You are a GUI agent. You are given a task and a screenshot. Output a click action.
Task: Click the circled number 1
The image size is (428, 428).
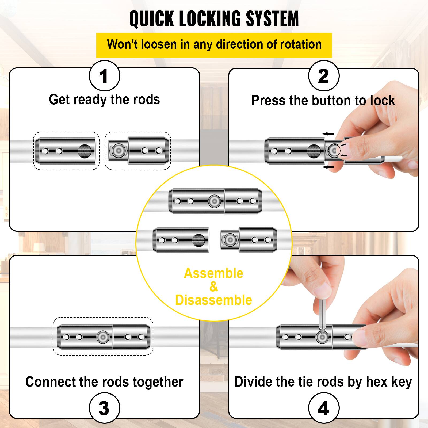(x=104, y=76)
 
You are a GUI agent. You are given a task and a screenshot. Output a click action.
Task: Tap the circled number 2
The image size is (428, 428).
(x=323, y=76)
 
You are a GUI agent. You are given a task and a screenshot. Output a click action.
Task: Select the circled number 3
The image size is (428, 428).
(x=104, y=408)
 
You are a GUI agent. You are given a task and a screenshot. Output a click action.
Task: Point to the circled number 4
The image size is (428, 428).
(x=323, y=408)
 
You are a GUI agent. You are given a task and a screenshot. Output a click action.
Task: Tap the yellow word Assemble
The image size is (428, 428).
(x=213, y=273)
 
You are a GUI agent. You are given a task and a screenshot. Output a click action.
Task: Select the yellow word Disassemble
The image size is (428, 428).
(x=213, y=300)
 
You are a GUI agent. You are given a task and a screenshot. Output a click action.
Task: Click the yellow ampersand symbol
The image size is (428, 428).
(x=213, y=287)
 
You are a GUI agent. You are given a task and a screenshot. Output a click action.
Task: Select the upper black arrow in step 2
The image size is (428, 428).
(x=328, y=134)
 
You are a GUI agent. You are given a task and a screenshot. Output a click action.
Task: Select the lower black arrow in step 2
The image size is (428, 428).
(x=328, y=167)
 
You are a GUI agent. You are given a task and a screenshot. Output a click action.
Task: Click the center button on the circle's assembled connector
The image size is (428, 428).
(x=214, y=201)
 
